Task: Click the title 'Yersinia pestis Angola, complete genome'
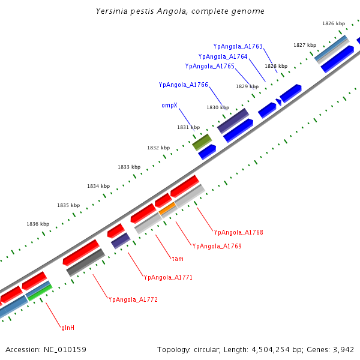point(180,11)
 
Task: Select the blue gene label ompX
point(169,105)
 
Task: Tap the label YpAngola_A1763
point(238,46)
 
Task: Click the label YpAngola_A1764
point(223,56)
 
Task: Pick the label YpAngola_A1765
point(209,66)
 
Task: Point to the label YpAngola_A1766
point(183,85)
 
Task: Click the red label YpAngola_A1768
point(238,232)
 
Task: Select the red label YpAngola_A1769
point(217,246)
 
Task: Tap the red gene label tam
point(178,259)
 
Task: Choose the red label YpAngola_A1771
point(168,277)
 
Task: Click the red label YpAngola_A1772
point(133,299)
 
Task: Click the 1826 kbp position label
point(334,23)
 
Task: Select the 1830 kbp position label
point(218,107)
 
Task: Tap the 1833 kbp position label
point(129,167)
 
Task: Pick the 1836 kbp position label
point(38,224)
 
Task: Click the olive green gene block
point(202,142)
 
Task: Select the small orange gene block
point(168,209)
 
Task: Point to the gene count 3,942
point(344,349)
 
